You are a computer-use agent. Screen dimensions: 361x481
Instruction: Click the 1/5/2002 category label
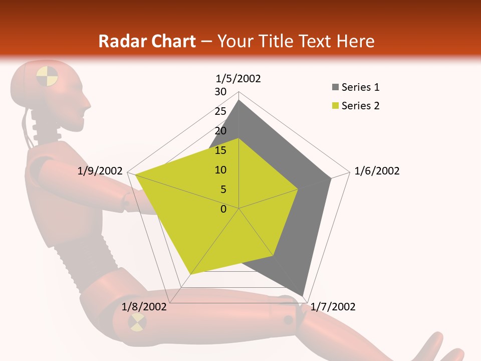click(x=238, y=79)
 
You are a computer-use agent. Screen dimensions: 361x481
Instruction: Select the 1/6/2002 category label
click(x=377, y=171)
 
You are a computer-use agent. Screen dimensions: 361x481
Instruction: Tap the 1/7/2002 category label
click(x=333, y=307)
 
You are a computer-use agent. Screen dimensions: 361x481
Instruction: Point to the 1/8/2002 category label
click(x=144, y=307)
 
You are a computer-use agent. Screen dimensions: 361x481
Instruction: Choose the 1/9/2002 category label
click(x=100, y=171)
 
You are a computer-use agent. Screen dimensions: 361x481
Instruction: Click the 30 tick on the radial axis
click(x=220, y=92)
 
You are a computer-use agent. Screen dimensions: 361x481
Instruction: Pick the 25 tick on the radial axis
click(x=220, y=111)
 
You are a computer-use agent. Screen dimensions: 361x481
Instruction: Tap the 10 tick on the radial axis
click(x=220, y=170)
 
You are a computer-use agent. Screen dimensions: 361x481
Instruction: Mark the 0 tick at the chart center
click(x=223, y=209)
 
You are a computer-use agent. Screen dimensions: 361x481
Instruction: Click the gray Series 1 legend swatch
click(x=335, y=88)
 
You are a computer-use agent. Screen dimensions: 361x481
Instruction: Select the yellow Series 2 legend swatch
click(x=335, y=106)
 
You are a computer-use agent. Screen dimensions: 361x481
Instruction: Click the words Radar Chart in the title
click(x=147, y=41)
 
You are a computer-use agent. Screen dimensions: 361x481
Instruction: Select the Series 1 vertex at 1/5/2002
click(x=239, y=100)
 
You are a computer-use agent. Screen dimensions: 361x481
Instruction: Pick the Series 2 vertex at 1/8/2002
click(x=191, y=274)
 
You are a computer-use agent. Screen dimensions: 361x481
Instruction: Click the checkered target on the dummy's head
click(x=47, y=76)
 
